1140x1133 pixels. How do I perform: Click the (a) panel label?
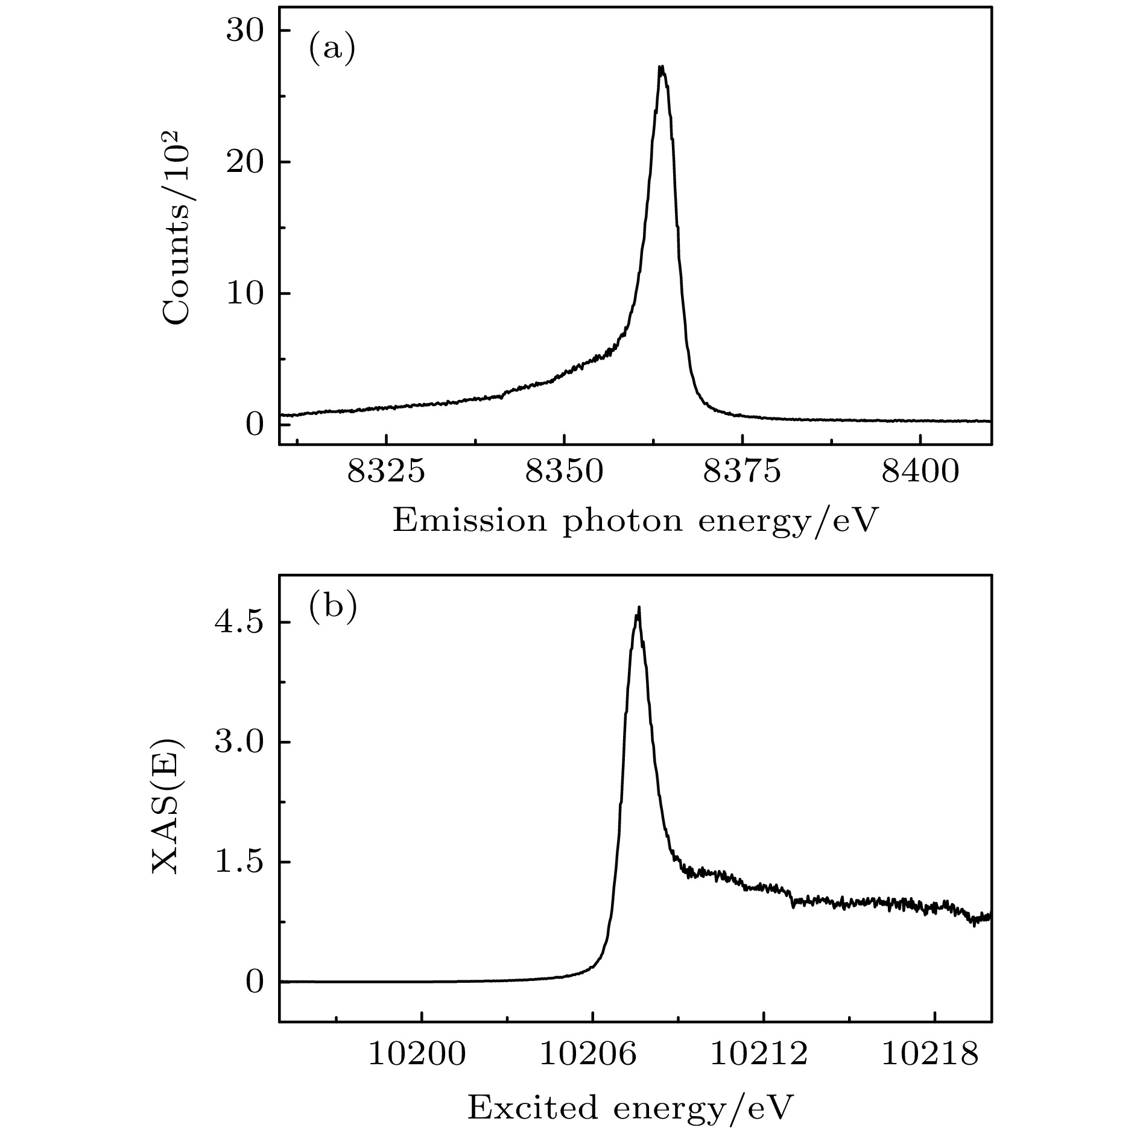click(x=332, y=49)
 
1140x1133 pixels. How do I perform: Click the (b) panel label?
click(x=332, y=608)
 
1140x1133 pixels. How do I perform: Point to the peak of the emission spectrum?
click(x=662, y=68)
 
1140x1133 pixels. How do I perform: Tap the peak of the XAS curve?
click(x=638, y=609)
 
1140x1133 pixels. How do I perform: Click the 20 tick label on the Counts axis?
click(x=245, y=162)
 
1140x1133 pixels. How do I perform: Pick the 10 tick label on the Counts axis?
click(x=245, y=294)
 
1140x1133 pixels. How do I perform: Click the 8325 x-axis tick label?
click(x=386, y=472)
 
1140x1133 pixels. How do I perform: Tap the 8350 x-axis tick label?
click(x=564, y=472)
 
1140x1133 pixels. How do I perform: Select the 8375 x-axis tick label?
click(x=743, y=472)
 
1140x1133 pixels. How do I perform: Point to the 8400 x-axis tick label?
click(x=920, y=472)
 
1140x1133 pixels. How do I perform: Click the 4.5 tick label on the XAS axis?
click(x=241, y=623)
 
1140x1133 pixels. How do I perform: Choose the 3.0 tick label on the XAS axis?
click(x=241, y=743)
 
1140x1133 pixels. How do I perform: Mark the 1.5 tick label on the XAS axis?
click(x=241, y=862)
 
